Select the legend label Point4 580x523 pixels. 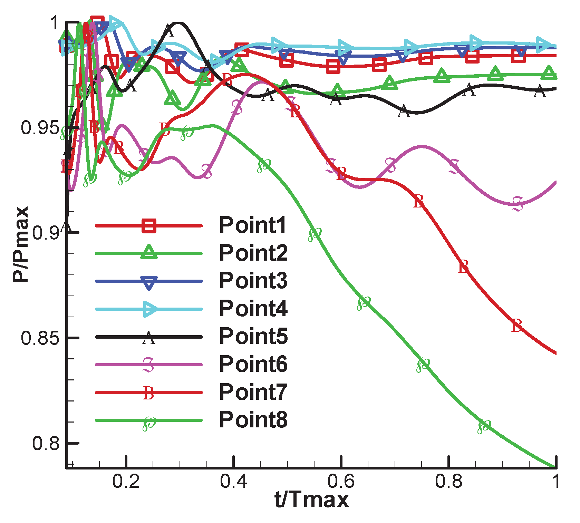(253, 309)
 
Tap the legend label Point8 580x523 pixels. (253, 420)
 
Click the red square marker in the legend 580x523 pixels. (149, 226)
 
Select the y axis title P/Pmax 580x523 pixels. (21, 244)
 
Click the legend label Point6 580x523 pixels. (253, 364)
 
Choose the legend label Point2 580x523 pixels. (253, 253)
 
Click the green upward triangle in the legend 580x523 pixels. (149, 252)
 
